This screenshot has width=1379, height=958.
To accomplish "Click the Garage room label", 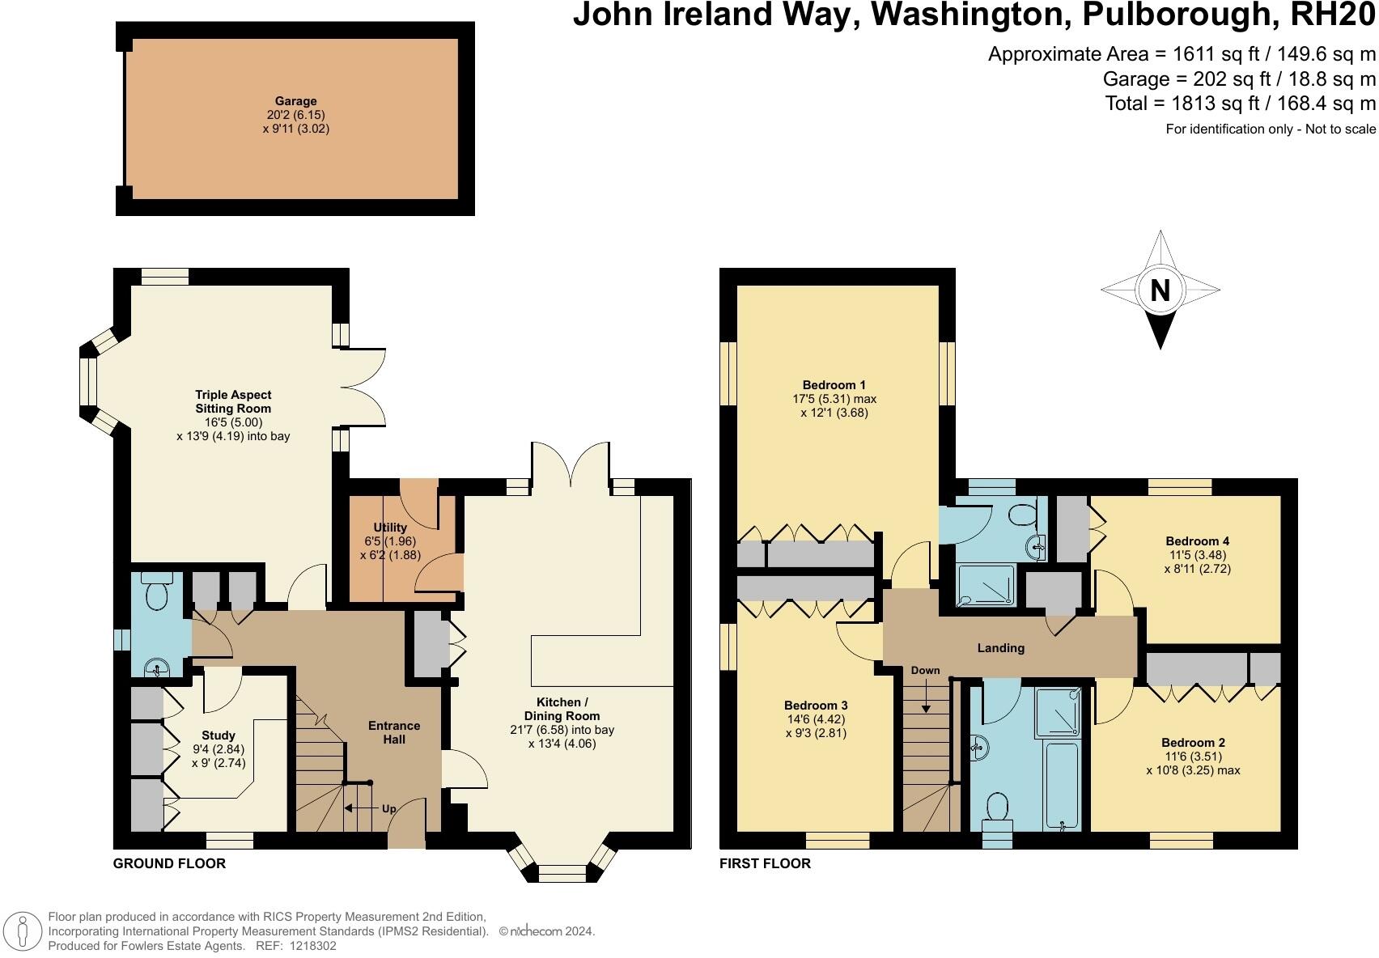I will tap(295, 101).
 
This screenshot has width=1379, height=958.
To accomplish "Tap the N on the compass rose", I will tap(1160, 290).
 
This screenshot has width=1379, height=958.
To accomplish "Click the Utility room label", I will tap(390, 527).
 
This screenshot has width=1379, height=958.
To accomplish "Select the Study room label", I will tap(219, 735).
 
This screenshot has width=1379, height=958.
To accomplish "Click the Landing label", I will tap(1001, 647).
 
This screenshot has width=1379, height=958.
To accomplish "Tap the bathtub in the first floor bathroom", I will tap(1061, 782).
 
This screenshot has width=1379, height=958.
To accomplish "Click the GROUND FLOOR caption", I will tap(169, 863).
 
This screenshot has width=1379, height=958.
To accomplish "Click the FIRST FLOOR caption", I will tap(765, 863).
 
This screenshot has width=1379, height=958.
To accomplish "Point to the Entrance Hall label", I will tap(394, 732).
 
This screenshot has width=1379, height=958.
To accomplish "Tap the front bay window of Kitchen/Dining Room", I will tap(562, 872).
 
